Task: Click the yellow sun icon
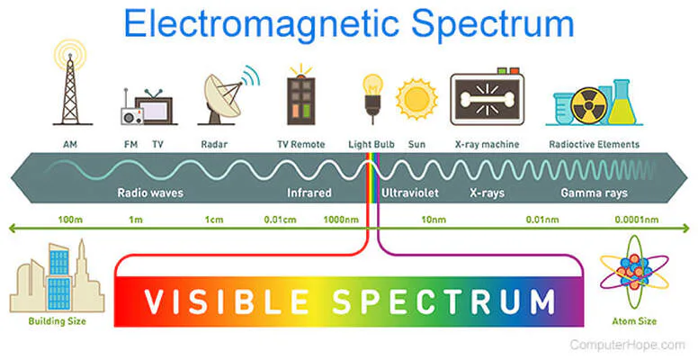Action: click(x=416, y=100)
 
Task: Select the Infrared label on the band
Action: click(x=309, y=193)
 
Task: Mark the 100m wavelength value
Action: click(x=70, y=219)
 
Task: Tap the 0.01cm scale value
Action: click(x=279, y=219)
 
